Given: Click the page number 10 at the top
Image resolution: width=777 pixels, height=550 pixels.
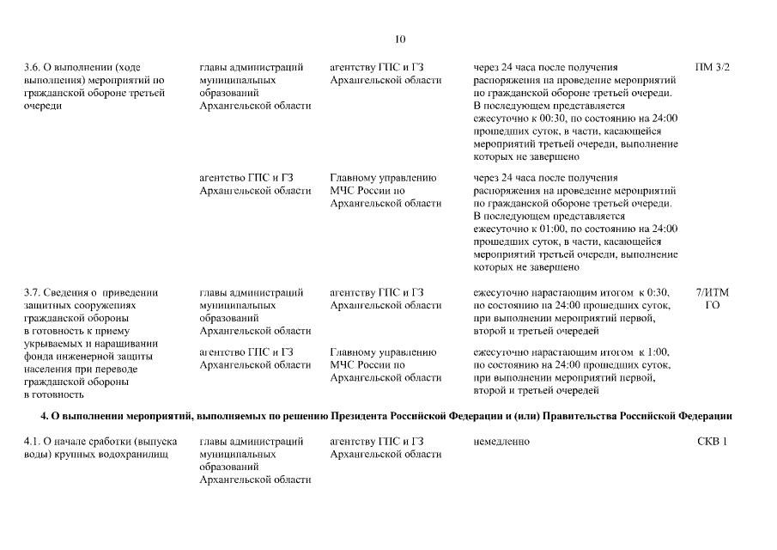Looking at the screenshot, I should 400,39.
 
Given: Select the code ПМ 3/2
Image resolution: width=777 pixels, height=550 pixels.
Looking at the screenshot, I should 712,67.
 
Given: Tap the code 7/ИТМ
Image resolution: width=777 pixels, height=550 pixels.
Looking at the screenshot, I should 712,292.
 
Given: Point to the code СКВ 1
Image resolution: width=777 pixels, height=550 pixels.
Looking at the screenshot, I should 712,442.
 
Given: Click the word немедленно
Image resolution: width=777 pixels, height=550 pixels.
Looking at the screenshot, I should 501,442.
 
